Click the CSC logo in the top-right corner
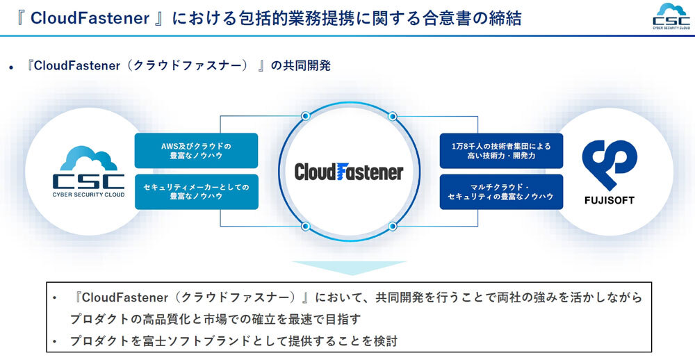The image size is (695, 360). (671, 17)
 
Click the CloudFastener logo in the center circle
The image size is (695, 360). (349, 172)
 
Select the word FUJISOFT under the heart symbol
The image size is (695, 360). (610, 200)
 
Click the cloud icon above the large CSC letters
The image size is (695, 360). (89, 158)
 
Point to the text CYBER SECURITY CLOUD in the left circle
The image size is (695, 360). (89, 194)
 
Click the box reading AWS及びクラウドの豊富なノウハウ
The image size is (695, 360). (197, 151)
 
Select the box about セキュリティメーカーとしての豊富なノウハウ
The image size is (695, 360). (197, 192)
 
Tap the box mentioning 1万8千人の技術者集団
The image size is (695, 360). (501, 151)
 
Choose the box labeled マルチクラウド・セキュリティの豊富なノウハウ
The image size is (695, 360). (501, 192)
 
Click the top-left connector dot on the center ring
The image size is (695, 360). (305, 116)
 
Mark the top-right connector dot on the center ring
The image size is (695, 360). (392, 116)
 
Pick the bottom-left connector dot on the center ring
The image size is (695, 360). (305, 227)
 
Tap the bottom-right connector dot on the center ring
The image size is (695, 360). (392, 227)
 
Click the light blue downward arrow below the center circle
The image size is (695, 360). (349, 267)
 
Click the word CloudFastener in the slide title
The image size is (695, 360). (90, 19)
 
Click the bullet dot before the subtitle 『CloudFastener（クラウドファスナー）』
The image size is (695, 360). (10, 67)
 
